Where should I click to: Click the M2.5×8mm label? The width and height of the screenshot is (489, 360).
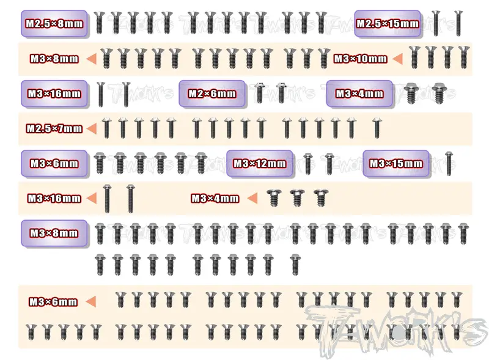click(54, 24)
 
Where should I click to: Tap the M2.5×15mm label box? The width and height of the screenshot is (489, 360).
click(388, 24)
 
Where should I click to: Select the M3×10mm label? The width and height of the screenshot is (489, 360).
click(360, 59)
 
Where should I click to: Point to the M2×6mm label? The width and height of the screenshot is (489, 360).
click(212, 94)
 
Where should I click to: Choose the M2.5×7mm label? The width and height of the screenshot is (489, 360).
click(54, 128)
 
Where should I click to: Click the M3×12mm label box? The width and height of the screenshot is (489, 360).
click(260, 163)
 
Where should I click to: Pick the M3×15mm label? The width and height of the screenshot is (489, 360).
click(395, 163)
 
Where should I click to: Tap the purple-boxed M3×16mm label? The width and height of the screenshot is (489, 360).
click(54, 94)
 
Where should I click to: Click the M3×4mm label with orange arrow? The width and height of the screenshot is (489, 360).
click(215, 199)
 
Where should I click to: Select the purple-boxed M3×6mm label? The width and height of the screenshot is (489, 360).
click(54, 163)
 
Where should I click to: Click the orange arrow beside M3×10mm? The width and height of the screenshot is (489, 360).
click(397, 59)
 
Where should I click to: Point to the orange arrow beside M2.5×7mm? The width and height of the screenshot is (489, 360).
click(91, 128)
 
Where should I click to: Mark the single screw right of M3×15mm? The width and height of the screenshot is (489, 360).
click(449, 163)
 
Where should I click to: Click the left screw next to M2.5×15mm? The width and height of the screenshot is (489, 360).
click(436, 23)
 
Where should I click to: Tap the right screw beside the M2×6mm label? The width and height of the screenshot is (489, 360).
click(281, 93)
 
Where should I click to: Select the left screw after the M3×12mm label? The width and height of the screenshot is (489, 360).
click(308, 163)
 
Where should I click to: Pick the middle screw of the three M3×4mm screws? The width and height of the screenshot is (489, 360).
click(296, 198)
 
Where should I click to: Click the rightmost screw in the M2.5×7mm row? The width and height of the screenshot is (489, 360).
click(377, 128)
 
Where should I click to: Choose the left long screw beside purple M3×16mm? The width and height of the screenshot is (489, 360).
click(100, 95)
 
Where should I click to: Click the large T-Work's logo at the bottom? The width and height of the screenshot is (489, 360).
click(395, 331)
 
